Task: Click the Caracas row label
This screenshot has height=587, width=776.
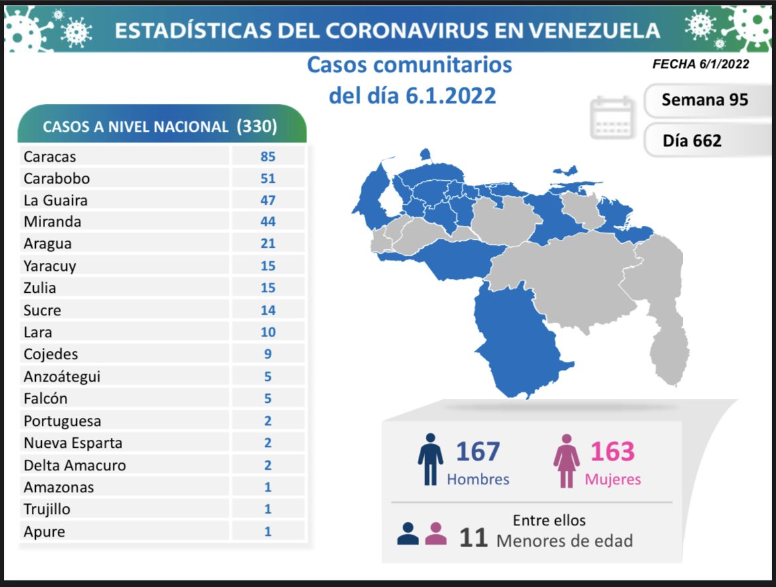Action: (50, 157)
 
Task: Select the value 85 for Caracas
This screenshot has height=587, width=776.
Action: (268, 157)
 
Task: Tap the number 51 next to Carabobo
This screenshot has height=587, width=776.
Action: (268, 179)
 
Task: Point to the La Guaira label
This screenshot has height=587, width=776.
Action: (56, 200)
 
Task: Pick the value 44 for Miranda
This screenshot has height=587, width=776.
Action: (268, 222)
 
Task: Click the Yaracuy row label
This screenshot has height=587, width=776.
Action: (50, 266)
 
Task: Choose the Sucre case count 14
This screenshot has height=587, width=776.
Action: (268, 310)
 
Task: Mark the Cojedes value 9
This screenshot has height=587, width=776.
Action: (268, 354)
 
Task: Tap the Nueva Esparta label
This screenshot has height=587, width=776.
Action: (73, 443)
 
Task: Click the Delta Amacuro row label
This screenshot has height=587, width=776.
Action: (74, 465)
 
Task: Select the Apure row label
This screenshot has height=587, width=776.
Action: (44, 531)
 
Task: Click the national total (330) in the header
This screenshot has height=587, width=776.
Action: (257, 127)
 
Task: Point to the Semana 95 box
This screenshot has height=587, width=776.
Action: (704, 99)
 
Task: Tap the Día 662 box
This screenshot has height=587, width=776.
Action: (692, 140)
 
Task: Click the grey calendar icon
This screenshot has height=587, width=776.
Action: (612, 117)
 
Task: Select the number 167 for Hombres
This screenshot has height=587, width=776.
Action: (478, 452)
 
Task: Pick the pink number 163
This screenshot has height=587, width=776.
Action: (612, 452)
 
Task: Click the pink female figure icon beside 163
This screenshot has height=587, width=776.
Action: (566, 460)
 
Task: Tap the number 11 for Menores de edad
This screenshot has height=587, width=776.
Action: (474, 537)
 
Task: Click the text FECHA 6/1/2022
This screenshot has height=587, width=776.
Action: (700, 64)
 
